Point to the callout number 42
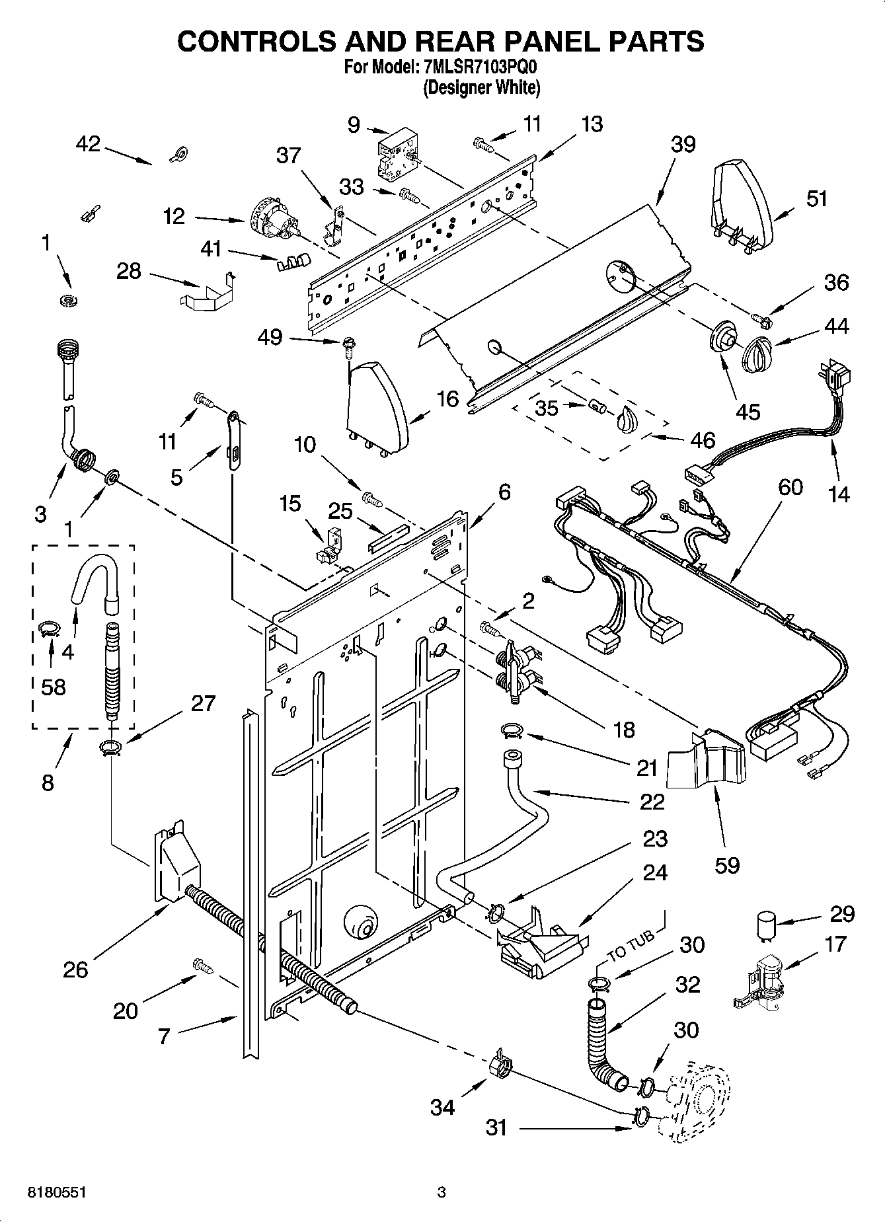[88, 143]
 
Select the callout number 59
[727, 864]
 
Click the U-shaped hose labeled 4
[93, 575]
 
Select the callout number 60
[790, 487]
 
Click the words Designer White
[482, 87]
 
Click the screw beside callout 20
[202, 966]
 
